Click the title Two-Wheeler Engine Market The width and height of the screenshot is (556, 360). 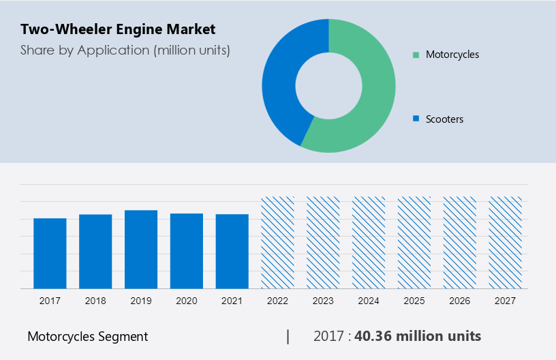(118, 29)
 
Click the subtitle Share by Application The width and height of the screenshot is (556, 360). (125, 50)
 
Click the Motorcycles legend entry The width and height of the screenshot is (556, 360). (452, 55)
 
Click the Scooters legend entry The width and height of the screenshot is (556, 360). (444, 119)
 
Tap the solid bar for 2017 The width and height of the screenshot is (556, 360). (50, 253)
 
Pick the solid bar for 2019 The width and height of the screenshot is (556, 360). (141, 249)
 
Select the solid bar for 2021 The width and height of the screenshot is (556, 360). (232, 251)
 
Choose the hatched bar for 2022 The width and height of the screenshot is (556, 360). (278, 242)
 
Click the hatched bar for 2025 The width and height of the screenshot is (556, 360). (415, 242)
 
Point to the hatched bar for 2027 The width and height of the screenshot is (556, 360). (506, 242)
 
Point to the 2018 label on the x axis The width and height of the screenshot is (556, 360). (95, 301)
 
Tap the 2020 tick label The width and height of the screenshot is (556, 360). (187, 301)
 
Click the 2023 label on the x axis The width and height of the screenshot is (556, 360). (323, 301)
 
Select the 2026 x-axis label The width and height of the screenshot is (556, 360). (460, 301)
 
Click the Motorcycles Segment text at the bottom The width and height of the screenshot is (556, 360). (87, 336)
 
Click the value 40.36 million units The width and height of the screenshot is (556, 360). (417, 336)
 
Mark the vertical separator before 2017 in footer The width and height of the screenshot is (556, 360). (288, 336)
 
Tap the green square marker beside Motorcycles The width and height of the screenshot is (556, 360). (416, 55)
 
